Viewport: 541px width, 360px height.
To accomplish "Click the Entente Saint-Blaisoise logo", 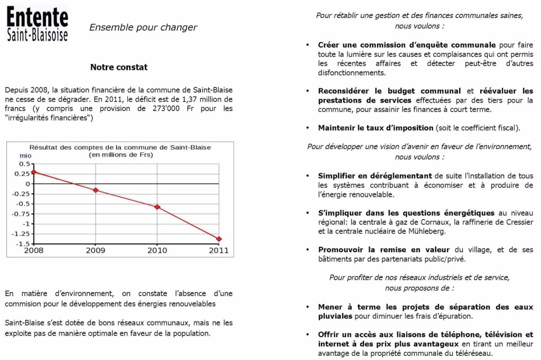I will (37, 24).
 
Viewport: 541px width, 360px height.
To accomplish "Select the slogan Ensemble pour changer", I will (143, 27).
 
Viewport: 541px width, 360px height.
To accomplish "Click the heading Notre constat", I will (119, 67).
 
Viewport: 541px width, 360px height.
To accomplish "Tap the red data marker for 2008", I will (34, 172).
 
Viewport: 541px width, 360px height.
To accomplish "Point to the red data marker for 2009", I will (96, 190).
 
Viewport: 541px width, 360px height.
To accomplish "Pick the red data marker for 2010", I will (157, 207).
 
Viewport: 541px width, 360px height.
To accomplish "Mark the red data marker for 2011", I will (219, 239).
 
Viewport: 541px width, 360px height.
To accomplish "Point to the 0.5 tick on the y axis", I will (24, 164).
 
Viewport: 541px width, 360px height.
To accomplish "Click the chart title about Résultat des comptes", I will (120, 147).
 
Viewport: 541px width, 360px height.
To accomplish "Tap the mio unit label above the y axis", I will (25, 155).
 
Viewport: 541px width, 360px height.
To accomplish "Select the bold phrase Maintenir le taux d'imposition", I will (376, 128).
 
